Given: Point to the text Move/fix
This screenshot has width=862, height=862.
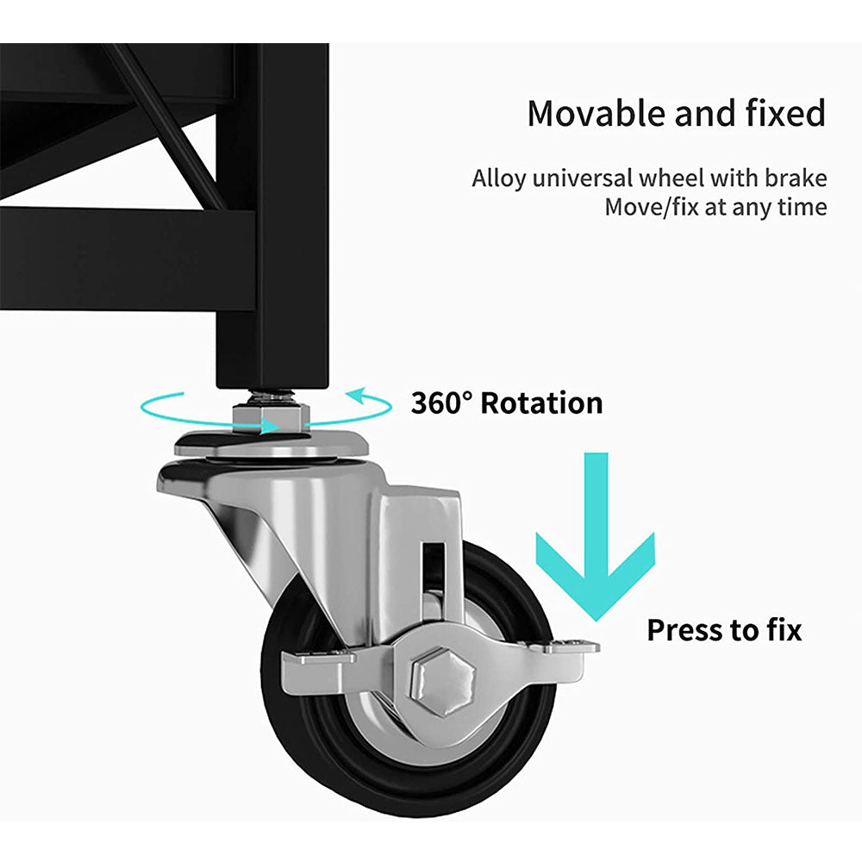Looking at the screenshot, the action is coord(652,207).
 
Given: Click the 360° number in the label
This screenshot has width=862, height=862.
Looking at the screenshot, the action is coord(441,403).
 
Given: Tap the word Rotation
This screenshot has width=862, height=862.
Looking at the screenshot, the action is coord(541,403).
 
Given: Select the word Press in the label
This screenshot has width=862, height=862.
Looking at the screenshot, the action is coord(684,630).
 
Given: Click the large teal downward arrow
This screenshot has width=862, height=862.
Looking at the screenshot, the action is coord(596,536).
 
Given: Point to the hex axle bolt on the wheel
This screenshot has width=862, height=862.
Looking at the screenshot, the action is coord(442,681).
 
